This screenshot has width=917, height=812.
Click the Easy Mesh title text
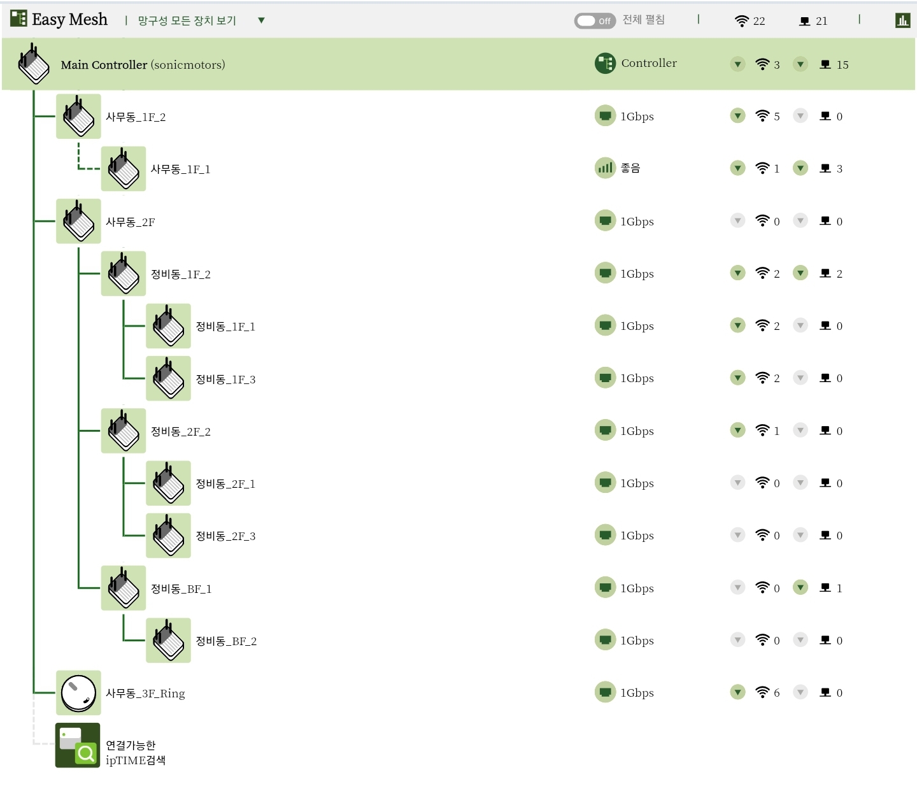[x=69, y=20]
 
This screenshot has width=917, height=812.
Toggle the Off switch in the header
[x=595, y=21]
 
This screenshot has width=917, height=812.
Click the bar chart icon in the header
[x=902, y=20]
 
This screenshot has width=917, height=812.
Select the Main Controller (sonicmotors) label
[x=143, y=65]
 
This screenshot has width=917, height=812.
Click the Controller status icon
[x=605, y=63]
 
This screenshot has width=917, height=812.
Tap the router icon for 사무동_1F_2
[x=78, y=117]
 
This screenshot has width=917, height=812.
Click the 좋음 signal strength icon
[x=605, y=168]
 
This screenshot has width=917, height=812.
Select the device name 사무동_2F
[x=131, y=222]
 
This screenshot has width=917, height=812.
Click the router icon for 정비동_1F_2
[x=123, y=273]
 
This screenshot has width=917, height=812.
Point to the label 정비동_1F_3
[x=225, y=380]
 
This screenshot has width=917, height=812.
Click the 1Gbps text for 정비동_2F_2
[x=637, y=431]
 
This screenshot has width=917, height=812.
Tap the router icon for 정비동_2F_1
[x=168, y=483]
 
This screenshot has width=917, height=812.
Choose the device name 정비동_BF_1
[x=181, y=588]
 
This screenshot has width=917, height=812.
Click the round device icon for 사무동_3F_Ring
[x=78, y=692]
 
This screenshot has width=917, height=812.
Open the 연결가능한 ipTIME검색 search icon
[x=78, y=745]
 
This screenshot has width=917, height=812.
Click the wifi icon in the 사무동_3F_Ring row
[x=763, y=692]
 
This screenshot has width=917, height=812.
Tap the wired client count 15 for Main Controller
[x=842, y=65]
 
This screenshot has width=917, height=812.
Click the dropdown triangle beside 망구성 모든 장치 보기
[x=261, y=20]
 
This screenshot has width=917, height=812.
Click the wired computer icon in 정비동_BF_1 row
[x=825, y=587]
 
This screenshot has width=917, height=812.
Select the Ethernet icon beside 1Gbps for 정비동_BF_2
[x=605, y=639]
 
